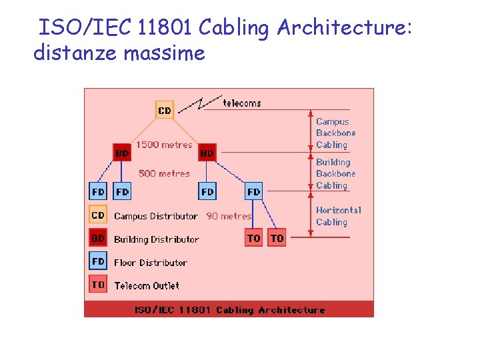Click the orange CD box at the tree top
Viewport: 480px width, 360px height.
[x=164, y=110]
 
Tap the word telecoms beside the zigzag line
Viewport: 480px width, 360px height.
[x=242, y=103]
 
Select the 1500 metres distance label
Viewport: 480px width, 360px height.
[x=164, y=145]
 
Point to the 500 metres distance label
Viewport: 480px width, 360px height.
[x=164, y=173]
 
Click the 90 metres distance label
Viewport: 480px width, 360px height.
[x=229, y=216]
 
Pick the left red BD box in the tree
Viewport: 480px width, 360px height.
[x=122, y=153]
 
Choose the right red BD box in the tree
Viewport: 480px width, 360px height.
[x=207, y=153]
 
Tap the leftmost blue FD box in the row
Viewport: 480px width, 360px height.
[x=98, y=191]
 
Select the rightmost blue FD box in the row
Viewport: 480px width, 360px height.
[x=254, y=191]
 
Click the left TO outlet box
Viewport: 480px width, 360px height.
[x=254, y=238]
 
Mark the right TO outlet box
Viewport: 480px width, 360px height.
[x=277, y=238]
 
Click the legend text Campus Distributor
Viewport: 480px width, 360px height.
[x=156, y=216]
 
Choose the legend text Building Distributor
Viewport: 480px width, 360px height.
[x=157, y=239]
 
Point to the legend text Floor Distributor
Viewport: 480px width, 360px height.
[x=151, y=263]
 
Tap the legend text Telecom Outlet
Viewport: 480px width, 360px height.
[x=147, y=286]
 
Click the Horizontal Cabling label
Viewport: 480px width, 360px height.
[x=338, y=216]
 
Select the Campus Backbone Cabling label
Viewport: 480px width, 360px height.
[x=335, y=133]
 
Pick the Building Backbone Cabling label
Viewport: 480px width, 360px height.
[x=335, y=173]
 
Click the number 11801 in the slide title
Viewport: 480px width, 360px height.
[x=166, y=28]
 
